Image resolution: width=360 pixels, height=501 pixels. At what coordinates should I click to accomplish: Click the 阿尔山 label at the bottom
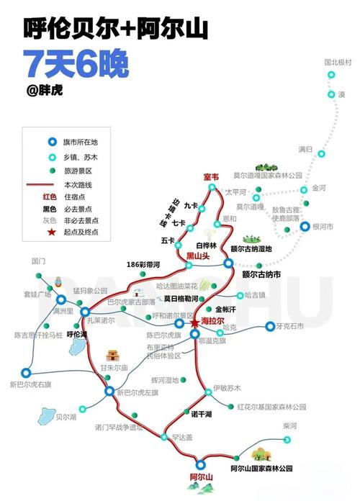pyautogui.click(x=202, y=477)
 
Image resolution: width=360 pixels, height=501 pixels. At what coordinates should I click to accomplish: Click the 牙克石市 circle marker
pyautogui.click(x=271, y=326)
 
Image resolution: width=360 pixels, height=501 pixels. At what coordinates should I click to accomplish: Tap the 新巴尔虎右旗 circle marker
pyautogui.click(x=26, y=373)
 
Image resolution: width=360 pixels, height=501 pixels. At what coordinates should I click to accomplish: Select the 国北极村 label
pyautogui.click(x=338, y=63)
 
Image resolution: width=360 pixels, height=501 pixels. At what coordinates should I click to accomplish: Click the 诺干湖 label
pyautogui.click(x=202, y=415)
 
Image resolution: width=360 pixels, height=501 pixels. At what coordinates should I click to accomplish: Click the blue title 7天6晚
pyautogui.click(x=75, y=65)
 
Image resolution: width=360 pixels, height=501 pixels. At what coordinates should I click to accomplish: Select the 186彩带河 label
pyautogui.click(x=144, y=264)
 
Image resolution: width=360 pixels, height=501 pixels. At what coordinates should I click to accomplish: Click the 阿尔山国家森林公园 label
pyautogui.click(x=262, y=469)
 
